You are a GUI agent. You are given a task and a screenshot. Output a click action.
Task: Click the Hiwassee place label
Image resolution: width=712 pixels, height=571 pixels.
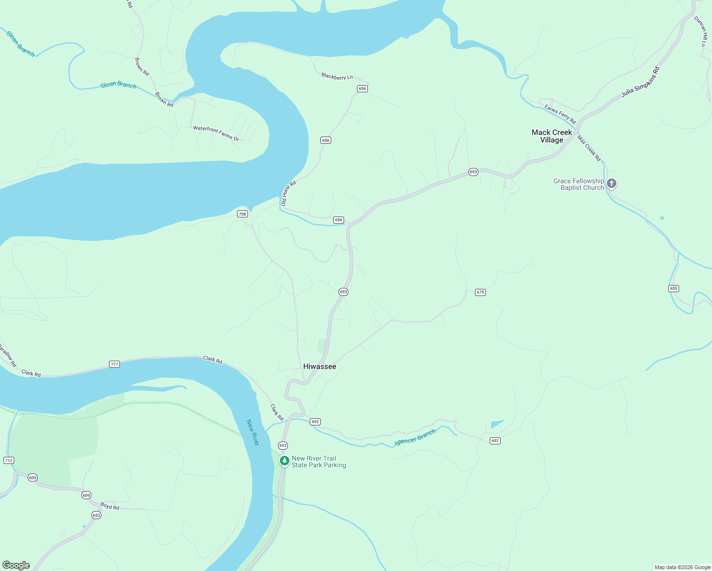(319, 366)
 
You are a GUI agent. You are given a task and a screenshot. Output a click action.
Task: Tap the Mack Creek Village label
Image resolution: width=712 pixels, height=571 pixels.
(552, 136)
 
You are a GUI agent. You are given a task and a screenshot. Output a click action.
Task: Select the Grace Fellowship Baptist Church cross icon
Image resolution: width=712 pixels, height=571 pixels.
(612, 183)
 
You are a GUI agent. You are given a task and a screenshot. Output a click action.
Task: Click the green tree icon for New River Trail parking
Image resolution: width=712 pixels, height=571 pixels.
(284, 461)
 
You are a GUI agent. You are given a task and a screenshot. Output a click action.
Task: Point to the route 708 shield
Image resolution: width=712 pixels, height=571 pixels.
(242, 214)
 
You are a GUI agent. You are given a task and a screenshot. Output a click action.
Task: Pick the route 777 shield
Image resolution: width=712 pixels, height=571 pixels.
(114, 364)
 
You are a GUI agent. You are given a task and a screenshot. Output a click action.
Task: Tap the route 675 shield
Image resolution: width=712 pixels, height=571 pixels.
(480, 292)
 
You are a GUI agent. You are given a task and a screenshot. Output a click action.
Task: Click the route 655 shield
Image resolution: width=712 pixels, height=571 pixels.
(673, 288)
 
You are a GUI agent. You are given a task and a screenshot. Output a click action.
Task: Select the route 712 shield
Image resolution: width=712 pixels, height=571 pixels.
(9, 460)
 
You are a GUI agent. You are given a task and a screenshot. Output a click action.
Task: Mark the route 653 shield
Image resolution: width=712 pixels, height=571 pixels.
(96, 515)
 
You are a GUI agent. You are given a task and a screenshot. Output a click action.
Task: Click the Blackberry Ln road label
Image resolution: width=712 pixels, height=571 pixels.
(337, 77)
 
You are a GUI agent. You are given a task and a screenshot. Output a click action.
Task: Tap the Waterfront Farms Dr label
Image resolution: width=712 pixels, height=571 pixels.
(216, 133)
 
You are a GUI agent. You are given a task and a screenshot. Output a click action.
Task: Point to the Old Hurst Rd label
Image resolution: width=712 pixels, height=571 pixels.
(288, 193)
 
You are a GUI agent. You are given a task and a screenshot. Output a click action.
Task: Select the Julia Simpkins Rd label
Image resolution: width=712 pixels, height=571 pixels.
(641, 82)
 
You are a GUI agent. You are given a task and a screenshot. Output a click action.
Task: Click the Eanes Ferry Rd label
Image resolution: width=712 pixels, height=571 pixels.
(560, 114)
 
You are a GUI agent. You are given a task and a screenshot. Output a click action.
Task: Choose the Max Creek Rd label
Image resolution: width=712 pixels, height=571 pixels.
(589, 148)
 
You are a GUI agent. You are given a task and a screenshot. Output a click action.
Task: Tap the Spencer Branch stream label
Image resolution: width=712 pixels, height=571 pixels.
(415, 438)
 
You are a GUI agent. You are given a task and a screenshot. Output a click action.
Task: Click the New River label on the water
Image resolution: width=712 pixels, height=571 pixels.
(252, 432)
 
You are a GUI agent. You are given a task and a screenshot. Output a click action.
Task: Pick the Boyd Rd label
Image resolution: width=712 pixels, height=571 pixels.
(109, 507)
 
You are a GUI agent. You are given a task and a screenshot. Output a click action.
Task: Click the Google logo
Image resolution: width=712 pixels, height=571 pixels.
(16, 565)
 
